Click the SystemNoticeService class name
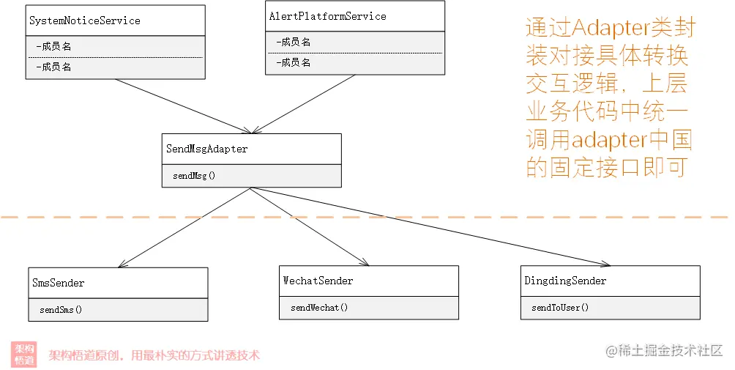click(84, 21)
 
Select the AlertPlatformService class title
click(328, 16)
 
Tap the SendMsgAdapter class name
click(206, 149)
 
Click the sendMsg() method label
click(194, 176)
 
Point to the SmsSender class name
click(58, 283)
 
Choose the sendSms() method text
click(61, 310)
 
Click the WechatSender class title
click(318, 281)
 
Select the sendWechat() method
click(319, 308)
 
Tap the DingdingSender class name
click(565, 281)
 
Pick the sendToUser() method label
click(560, 308)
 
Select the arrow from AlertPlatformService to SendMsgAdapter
click(303, 104)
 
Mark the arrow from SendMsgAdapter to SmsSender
click(184, 227)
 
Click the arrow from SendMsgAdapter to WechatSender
click(310, 227)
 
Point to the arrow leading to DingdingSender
click(430, 227)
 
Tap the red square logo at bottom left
click(24, 355)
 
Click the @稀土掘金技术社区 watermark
click(664, 350)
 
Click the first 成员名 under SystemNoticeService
click(54, 46)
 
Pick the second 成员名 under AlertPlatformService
click(294, 63)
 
